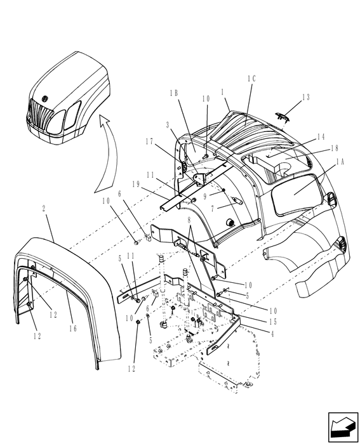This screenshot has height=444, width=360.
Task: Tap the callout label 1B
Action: click(174, 93)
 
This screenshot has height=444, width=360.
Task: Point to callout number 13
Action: click(307, 97)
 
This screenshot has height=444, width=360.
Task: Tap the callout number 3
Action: click(168, 126)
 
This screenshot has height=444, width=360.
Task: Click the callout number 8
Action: click(189, 220)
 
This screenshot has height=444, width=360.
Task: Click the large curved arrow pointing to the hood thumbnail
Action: click(107, 159)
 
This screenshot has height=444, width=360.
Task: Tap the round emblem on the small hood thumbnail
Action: click(45, 98)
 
